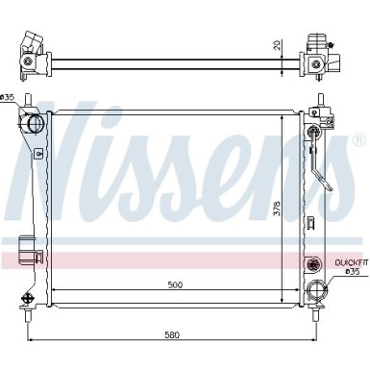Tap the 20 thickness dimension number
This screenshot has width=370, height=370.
tap(278, 46)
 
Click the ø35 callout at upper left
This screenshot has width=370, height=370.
tap(9, 97)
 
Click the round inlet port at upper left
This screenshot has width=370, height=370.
tap(36, 124)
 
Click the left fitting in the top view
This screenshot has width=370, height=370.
tap(32, 56)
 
